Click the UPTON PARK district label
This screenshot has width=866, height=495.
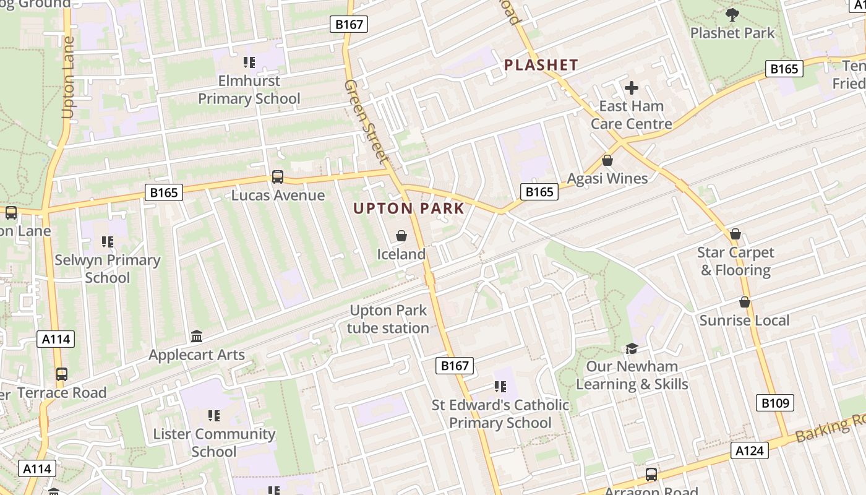tap(408, 209)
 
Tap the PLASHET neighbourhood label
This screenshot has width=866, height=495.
tap(541, 65)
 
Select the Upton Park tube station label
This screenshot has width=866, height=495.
tap(388, 319)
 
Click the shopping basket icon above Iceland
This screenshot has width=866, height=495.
tap(401, 236)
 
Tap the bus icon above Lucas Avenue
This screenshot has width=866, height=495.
tap(278, 177)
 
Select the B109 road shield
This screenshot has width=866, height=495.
tap(774, 403)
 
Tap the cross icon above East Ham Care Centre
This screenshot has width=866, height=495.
tap(631, 88)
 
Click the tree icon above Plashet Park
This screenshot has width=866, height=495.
tap(732, 15)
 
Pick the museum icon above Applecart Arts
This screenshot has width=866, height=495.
tap(197, 337)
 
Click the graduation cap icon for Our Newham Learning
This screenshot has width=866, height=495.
tap(632, 348)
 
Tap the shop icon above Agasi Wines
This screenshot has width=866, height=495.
tap(607, 160)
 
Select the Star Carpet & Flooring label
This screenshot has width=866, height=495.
tap(735, 261)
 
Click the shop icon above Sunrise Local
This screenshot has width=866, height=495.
tap(745, 302)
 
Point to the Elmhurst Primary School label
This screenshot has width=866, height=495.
tap(249, 90)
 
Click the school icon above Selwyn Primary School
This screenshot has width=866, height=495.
tap(108, 242)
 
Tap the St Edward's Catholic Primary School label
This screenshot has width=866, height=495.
tap(500, 414)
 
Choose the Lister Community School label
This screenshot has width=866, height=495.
tap(214, 442)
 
